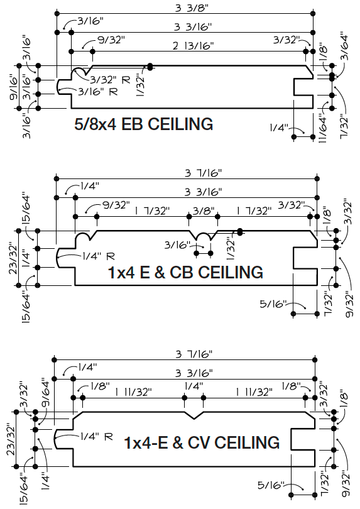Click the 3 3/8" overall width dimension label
(192, 8)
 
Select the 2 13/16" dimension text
(193, 46)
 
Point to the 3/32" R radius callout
(110, 80)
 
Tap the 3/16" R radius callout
(98, 92)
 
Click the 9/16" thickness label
(14, 87)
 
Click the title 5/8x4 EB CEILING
(143, 124)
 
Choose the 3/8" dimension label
(203, 211)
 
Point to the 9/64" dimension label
(46, 393)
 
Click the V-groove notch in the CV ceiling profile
(194, 416)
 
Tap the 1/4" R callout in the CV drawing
(96, 437)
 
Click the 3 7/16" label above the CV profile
(194, 354)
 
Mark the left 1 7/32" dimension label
(152, 211)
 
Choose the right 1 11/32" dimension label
(254, 392)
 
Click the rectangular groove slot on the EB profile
(303, 87)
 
